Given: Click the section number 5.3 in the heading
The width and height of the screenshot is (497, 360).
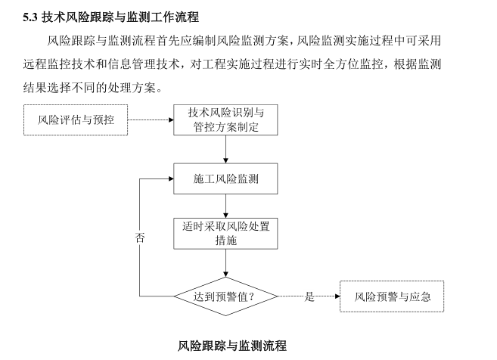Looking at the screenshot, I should [x=31, y=15].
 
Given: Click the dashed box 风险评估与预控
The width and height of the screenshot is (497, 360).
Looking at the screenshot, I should [x=76, y=120].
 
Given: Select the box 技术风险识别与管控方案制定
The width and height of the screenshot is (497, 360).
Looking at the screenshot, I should [x=226, y=120].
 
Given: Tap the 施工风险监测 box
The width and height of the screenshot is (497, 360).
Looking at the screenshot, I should [x=226, y=179].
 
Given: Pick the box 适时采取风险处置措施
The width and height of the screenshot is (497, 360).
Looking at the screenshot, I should [x=226, y=233].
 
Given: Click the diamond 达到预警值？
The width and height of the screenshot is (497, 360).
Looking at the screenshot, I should [x=226, y=296].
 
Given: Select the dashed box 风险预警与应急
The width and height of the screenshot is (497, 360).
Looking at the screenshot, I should [x=393, y=296].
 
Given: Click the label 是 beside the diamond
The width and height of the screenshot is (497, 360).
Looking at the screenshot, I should [x=309, y=297].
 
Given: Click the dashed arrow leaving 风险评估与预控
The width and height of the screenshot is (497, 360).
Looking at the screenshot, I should [x=151, y=120].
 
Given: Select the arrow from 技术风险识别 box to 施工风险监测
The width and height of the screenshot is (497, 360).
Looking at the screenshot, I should [x=226, y=150].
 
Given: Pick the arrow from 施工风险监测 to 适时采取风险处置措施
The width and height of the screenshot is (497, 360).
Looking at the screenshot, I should [x=226, y=206].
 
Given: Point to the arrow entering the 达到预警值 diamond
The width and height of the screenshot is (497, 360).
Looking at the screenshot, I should [x=226, y=264].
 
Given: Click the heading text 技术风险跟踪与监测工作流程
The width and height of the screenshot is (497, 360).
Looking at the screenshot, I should [x=129, y=15].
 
